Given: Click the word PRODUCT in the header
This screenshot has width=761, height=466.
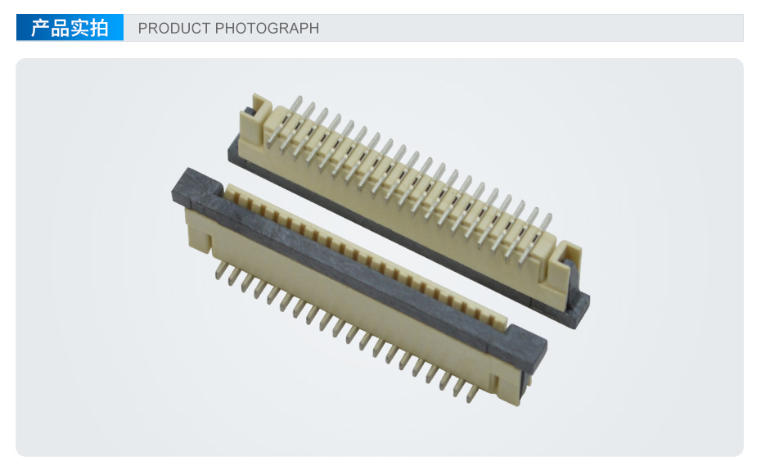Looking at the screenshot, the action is click(174, 28).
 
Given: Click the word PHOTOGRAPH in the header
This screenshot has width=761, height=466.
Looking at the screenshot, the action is click(267, 28).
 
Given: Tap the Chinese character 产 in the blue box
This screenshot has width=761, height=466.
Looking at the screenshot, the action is click(40, 28).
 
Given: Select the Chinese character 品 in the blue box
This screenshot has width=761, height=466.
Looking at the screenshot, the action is click(60, 28).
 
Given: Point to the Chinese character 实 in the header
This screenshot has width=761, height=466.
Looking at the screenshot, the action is click(79, 28).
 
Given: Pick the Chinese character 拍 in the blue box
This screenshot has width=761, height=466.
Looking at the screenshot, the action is click(98, 28).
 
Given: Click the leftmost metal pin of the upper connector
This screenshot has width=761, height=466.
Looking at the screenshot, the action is click(284, 121).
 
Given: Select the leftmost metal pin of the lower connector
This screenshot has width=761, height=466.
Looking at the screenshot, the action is click(220, 269).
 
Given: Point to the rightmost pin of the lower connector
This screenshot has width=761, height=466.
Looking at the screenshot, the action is click(472, 394).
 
